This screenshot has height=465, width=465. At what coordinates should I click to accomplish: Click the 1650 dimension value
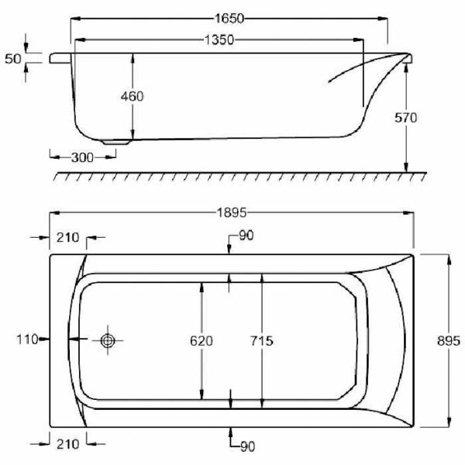(x=229, y=19)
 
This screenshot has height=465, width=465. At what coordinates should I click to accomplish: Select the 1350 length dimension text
(x=219, y=40)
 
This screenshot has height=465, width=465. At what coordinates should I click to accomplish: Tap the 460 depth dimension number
(x=133, y=96)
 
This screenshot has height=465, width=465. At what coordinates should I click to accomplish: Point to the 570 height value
(x=405, y=118)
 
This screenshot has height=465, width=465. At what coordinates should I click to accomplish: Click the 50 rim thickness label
(x=13, y=59)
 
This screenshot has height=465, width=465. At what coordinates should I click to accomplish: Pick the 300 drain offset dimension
(x=82, y=157)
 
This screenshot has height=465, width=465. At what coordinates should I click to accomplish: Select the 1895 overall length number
(x=232, y=212)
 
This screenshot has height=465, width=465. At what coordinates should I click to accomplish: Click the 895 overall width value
(x=449, y=341)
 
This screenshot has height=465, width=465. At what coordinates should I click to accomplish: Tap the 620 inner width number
(x=201, y=341)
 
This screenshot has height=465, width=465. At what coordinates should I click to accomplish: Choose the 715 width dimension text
(x=262, y=341)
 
